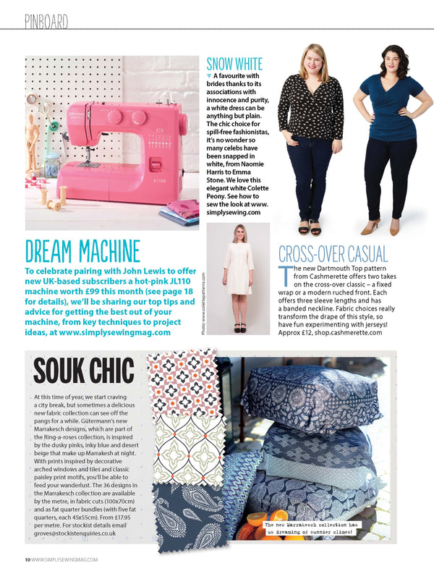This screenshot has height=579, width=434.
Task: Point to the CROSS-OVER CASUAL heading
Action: coord(333,254)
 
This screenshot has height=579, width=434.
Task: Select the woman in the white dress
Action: coord(238,282)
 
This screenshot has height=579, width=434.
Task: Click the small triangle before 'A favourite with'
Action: coord(209,75)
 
